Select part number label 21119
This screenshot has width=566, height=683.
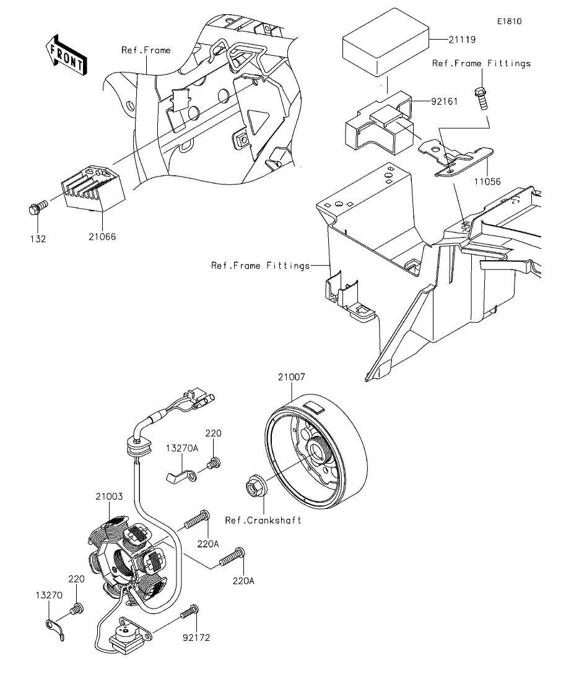coord(463,40)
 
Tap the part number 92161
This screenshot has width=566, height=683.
coord(445,102)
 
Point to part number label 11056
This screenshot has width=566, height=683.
coord(487,181)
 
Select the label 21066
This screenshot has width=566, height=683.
coord(102,237)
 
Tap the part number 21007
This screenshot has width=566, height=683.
coord(292,376)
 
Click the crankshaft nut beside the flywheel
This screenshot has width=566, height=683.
coord(253,485)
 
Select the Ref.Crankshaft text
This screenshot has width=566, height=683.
coord(263,520)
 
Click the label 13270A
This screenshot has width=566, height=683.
coord(182,448)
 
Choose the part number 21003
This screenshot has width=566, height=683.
coord(110,496)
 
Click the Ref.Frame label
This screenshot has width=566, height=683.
coord(146,50)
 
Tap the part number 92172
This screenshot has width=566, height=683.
coord(196,638)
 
